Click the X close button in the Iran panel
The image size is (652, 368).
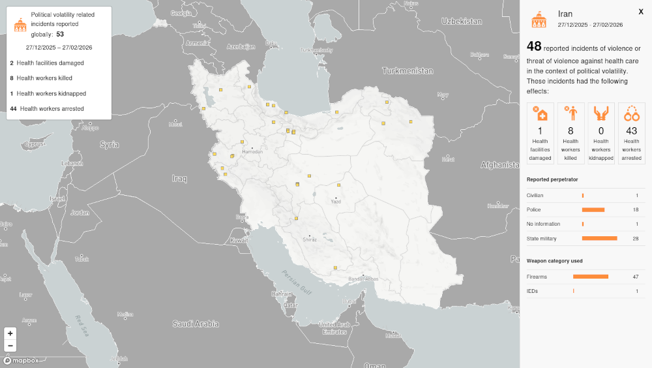[641, 11]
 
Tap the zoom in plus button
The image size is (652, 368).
[10, 333]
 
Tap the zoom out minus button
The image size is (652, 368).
[10, 346]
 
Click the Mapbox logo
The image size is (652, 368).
[21, 360]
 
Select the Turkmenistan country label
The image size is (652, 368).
[407, 70]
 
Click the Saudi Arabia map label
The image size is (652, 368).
[196, 323]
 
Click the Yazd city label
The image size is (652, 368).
[336, 202]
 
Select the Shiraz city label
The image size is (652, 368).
[310, 239]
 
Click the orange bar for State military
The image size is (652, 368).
[599, 238]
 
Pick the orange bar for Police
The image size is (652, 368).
[593, 209]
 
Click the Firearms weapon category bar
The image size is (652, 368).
[591, 277]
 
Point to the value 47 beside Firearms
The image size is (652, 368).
[635, 277]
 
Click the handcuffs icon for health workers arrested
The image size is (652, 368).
[631, 114]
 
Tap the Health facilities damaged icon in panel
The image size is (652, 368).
[540, 114]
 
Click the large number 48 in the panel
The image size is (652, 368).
[534, 46]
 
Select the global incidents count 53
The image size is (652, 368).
[60, 34]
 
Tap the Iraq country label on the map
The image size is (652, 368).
[179, 178]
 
